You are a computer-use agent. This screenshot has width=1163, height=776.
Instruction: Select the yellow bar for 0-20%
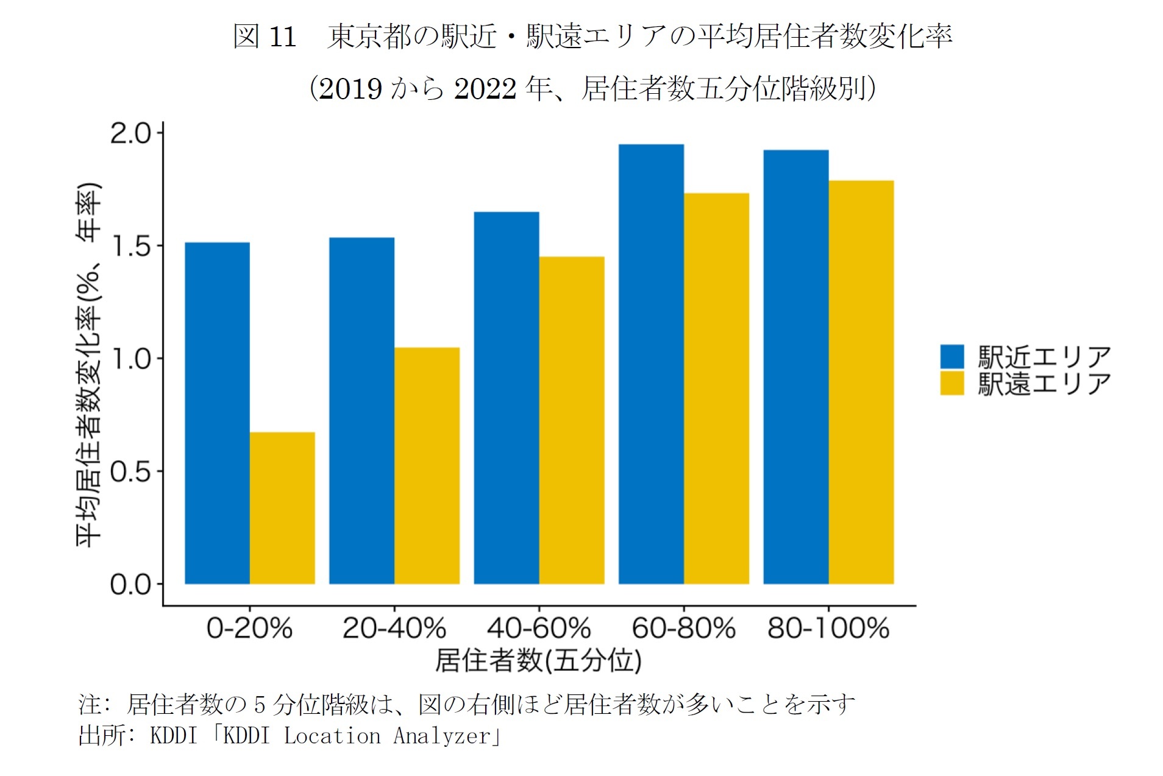point(282,508)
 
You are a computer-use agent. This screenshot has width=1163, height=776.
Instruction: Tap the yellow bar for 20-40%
point(427,465)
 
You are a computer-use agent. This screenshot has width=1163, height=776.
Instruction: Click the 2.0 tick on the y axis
point(130,133)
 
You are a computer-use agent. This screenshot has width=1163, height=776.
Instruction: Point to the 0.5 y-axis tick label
point(130,471)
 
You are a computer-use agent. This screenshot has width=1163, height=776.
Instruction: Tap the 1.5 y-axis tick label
point(130,247)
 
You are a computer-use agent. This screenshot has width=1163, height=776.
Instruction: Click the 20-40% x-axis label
point(394,628)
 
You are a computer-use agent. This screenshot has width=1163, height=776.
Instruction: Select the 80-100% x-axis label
point(828,628)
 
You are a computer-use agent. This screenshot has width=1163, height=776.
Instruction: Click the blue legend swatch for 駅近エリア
point(951,357)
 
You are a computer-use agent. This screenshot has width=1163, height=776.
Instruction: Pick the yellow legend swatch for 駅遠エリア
point(951,384)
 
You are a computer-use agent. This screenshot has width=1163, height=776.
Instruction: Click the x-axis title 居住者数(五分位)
point(538,660)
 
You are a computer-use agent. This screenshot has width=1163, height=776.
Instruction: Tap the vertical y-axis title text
point(89,365)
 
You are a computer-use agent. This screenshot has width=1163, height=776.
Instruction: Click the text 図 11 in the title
point(265,37)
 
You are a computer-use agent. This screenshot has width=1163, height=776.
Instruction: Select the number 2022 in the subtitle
point(485,89)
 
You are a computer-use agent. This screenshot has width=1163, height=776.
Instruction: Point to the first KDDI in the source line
point(174,735)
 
